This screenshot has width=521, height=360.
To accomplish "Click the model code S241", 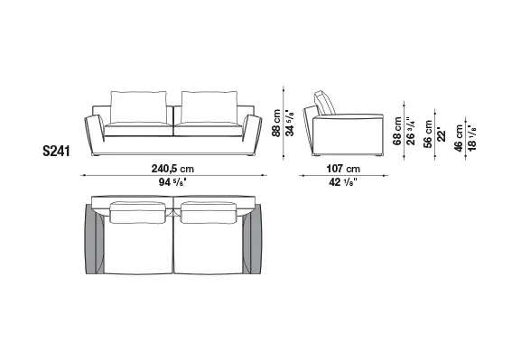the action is click(x=57, y=151).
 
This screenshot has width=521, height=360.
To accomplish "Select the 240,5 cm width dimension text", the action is click(x=172, y=169).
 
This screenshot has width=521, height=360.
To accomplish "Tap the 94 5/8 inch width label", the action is click(x=172, y=182).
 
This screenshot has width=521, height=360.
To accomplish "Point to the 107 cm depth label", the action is click(x=343, y=169).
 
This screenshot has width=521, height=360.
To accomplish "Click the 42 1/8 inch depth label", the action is click(x=343, y=182).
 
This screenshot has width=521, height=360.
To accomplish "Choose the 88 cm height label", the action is click(x=276, y=124).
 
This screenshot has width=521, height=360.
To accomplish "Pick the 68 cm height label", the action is click(x=397, y=131).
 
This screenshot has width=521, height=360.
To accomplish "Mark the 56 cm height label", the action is click(x=428, y=134).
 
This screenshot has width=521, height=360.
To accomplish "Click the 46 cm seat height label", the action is click(x=459, y=138).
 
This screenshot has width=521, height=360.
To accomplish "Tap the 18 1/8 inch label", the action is click(x=472, y=137).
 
